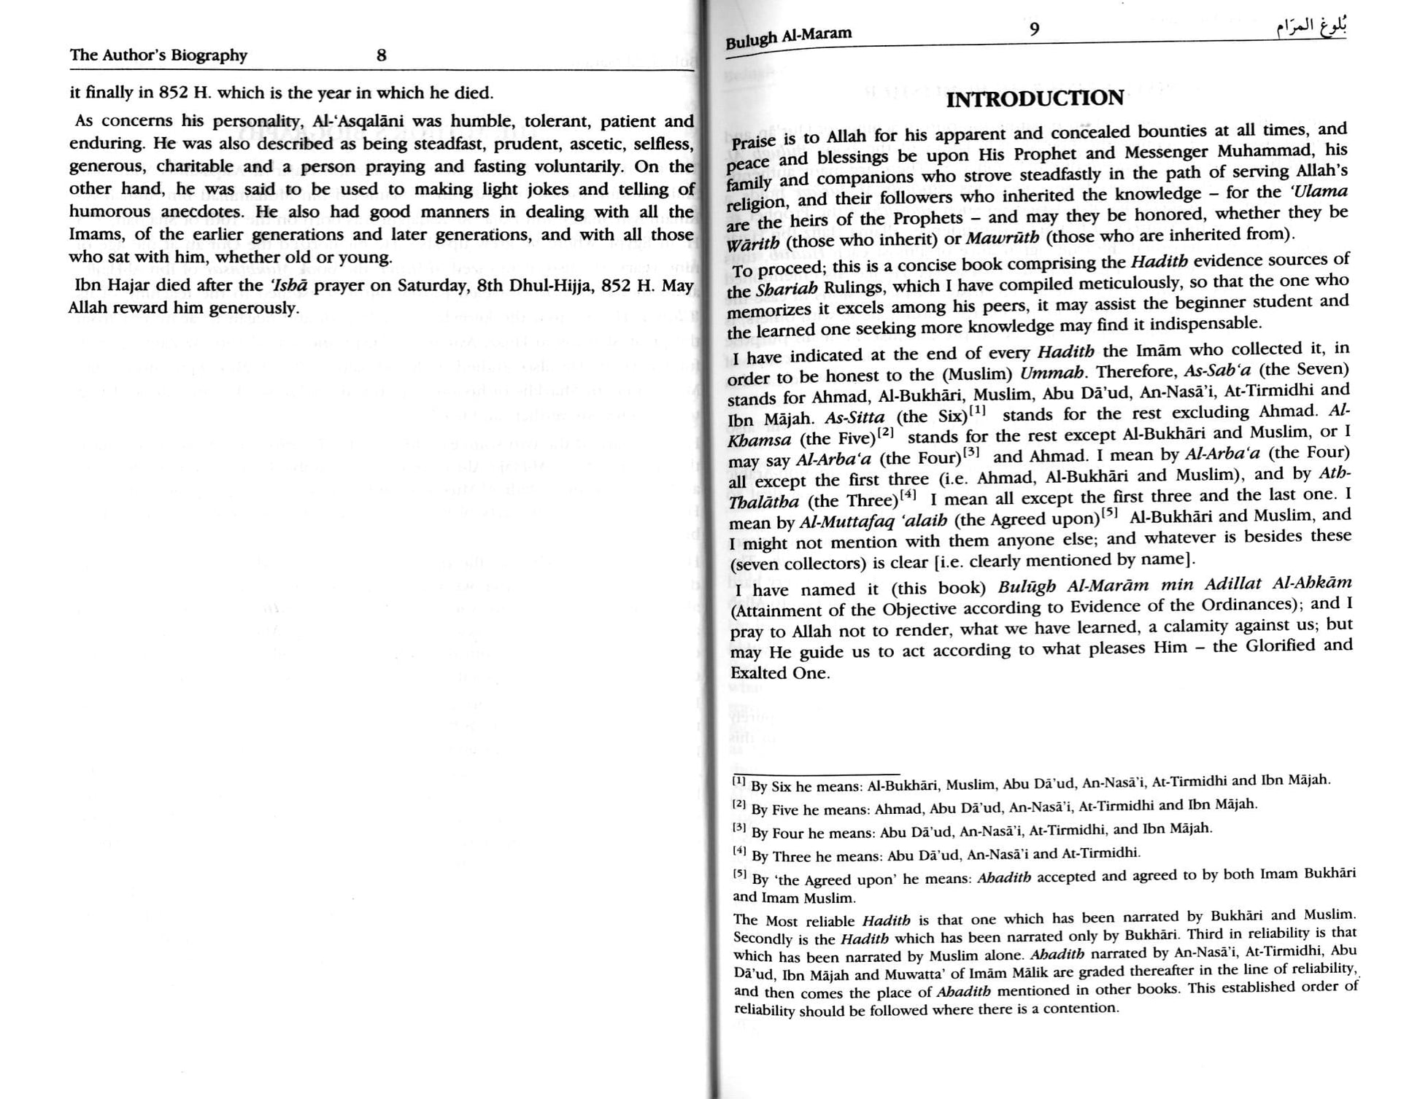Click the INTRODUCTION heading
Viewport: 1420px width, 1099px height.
click(x=1035, y=98)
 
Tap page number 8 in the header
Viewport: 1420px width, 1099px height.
click(x=381, y=55)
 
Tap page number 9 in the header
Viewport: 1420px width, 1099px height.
click(x=1034, y=29)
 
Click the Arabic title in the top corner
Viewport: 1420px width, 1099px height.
click(x=1311, y=28)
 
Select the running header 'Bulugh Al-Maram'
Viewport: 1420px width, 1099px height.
click(x=788, y=36)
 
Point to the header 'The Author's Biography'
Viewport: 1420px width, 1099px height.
click(x=158, y=55)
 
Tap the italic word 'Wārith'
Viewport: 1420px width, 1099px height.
click(x=752, y=244)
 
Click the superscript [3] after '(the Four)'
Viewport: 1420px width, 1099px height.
click(x=971, y=452)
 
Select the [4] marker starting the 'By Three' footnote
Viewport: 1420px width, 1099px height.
click(x=739, y=851)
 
